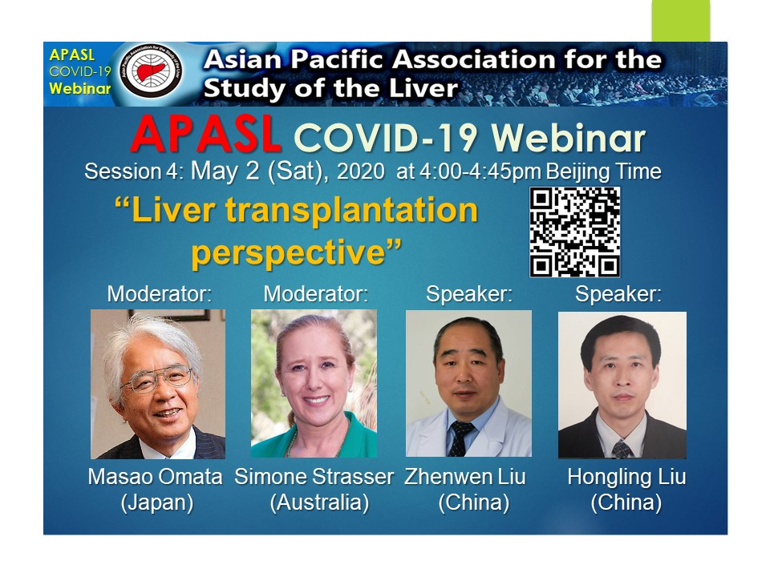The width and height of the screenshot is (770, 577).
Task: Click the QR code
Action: click(574, 232)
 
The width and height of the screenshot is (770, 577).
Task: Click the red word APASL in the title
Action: click(206, 135)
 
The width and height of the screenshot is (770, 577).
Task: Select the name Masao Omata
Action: click(155, 476)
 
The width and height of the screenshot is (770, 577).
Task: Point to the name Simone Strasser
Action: click(314, 476)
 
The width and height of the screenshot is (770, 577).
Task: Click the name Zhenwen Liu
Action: click(464, 476)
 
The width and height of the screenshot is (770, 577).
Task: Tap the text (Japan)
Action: click(157, 502)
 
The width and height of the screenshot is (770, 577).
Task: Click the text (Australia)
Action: click(320, 502)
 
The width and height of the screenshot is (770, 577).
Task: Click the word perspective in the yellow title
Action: click(289, 252)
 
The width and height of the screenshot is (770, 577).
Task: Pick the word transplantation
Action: click(351, 211)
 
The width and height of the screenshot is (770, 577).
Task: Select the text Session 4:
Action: click(134, 171)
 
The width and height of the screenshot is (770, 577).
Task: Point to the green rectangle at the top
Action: click(681, 21)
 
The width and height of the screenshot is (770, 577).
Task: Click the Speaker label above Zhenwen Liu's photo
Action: click(469, 294)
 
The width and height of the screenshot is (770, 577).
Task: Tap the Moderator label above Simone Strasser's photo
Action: click(316, 294)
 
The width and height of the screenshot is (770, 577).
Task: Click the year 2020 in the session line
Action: click(360, 171)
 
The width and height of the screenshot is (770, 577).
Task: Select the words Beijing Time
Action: click(603, 171)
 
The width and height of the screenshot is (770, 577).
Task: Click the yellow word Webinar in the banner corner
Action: click(80, 89)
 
